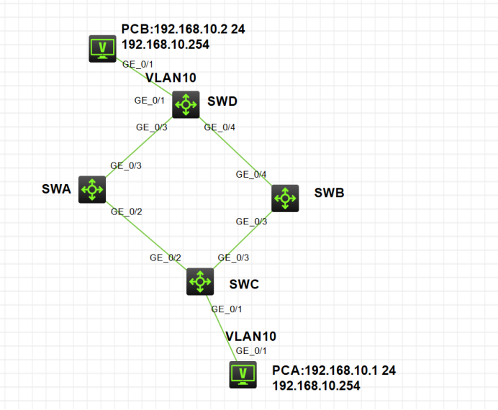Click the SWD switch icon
tap(186, 104)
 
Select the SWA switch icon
tap(92, 190)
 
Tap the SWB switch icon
tap(284, 197)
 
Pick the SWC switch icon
tap(199, 281)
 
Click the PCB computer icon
tap(102, 48)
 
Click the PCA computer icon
tap(243, 375)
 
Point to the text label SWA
tap(56, 189)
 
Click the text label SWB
tap(329, 193)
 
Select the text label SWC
tap(243, 284)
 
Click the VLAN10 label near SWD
tap(171, 78)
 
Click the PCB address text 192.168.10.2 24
tap(176, 29)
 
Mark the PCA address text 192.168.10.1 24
tap(334, 370)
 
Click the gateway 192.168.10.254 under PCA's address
tap(316, 386)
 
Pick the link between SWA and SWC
tap(144, 234)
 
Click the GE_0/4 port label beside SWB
tap(251, 175)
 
